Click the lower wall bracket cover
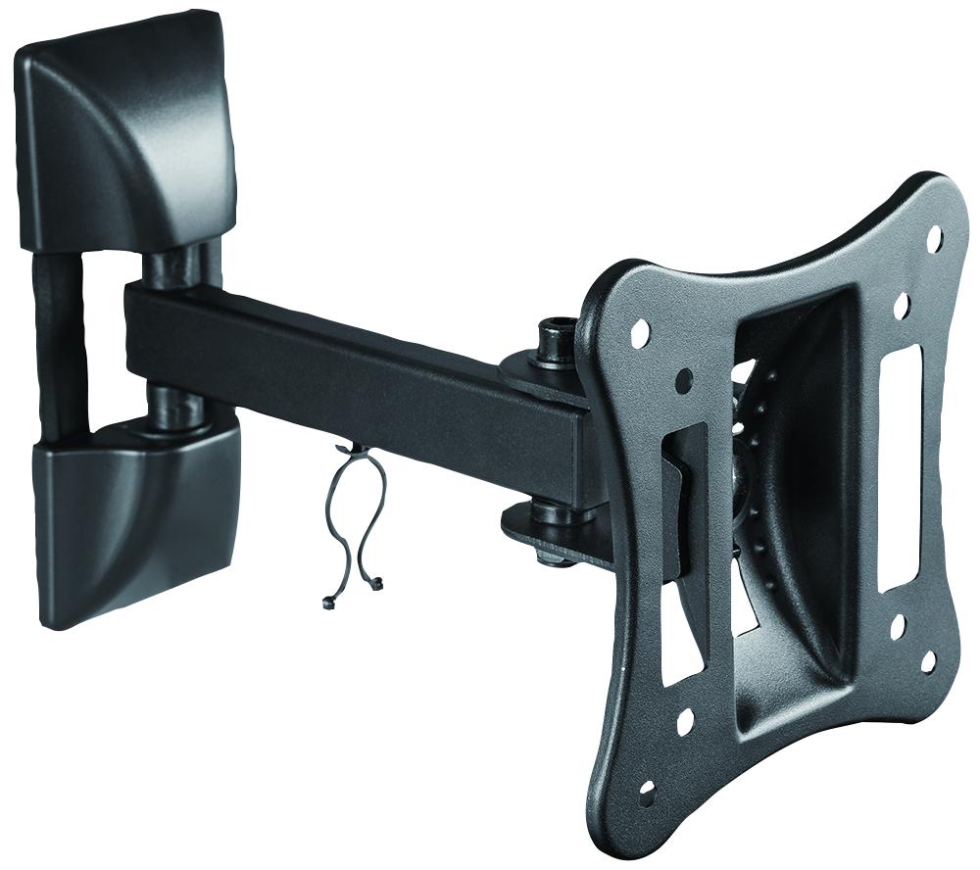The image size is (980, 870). point(137,519)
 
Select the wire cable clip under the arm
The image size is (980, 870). point(353,519)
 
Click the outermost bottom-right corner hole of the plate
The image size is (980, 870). point(928,661)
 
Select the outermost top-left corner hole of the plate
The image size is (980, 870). point(640,332)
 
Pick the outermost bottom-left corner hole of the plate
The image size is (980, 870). point(647,790)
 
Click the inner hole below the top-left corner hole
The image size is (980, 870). point(684,380)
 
